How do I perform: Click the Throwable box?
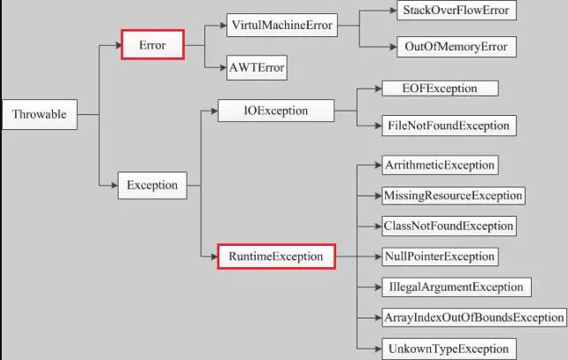[40, 114]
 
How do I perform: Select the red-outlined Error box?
[152, 45]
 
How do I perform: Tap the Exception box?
[152, 186]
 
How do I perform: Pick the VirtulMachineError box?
[281, 25]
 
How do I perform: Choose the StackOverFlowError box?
[456, 11]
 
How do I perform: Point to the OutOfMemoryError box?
[457, 47]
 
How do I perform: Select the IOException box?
[276, 111]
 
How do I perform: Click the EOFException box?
[440, 88]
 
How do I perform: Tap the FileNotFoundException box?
[449, 126]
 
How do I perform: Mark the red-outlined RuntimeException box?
[276, 257]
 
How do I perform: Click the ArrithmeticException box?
[440, 165]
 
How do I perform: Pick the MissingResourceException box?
[453, 195]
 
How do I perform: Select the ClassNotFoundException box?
[449, 226]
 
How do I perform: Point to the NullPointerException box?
[440, 257]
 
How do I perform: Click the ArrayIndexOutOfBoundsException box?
[474, 317]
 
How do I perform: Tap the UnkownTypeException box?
[449, 349]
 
